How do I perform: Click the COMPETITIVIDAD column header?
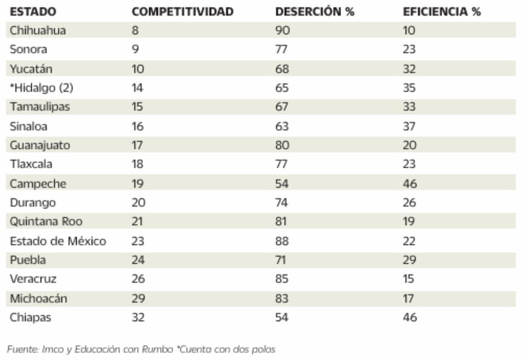tap(182, 12)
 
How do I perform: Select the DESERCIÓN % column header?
tap(314, 12)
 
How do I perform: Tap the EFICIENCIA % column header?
tap(441, 12)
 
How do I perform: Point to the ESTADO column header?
tap(32, 12)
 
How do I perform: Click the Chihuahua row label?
tap(38, 31)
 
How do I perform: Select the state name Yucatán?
tap(31, 69)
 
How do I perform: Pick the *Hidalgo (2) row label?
tap(41, 88)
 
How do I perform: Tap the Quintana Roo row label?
tap(46, 222)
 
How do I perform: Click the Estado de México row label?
tap(58, 241)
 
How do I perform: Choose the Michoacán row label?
tap(38, 298)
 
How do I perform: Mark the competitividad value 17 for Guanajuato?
tap(137, 146)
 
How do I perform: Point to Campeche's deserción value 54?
tap(282, 184)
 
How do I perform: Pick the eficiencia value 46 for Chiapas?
tap(410, 318)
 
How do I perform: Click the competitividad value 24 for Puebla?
tap(139, 260)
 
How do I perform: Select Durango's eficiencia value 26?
tap(410, 203)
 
